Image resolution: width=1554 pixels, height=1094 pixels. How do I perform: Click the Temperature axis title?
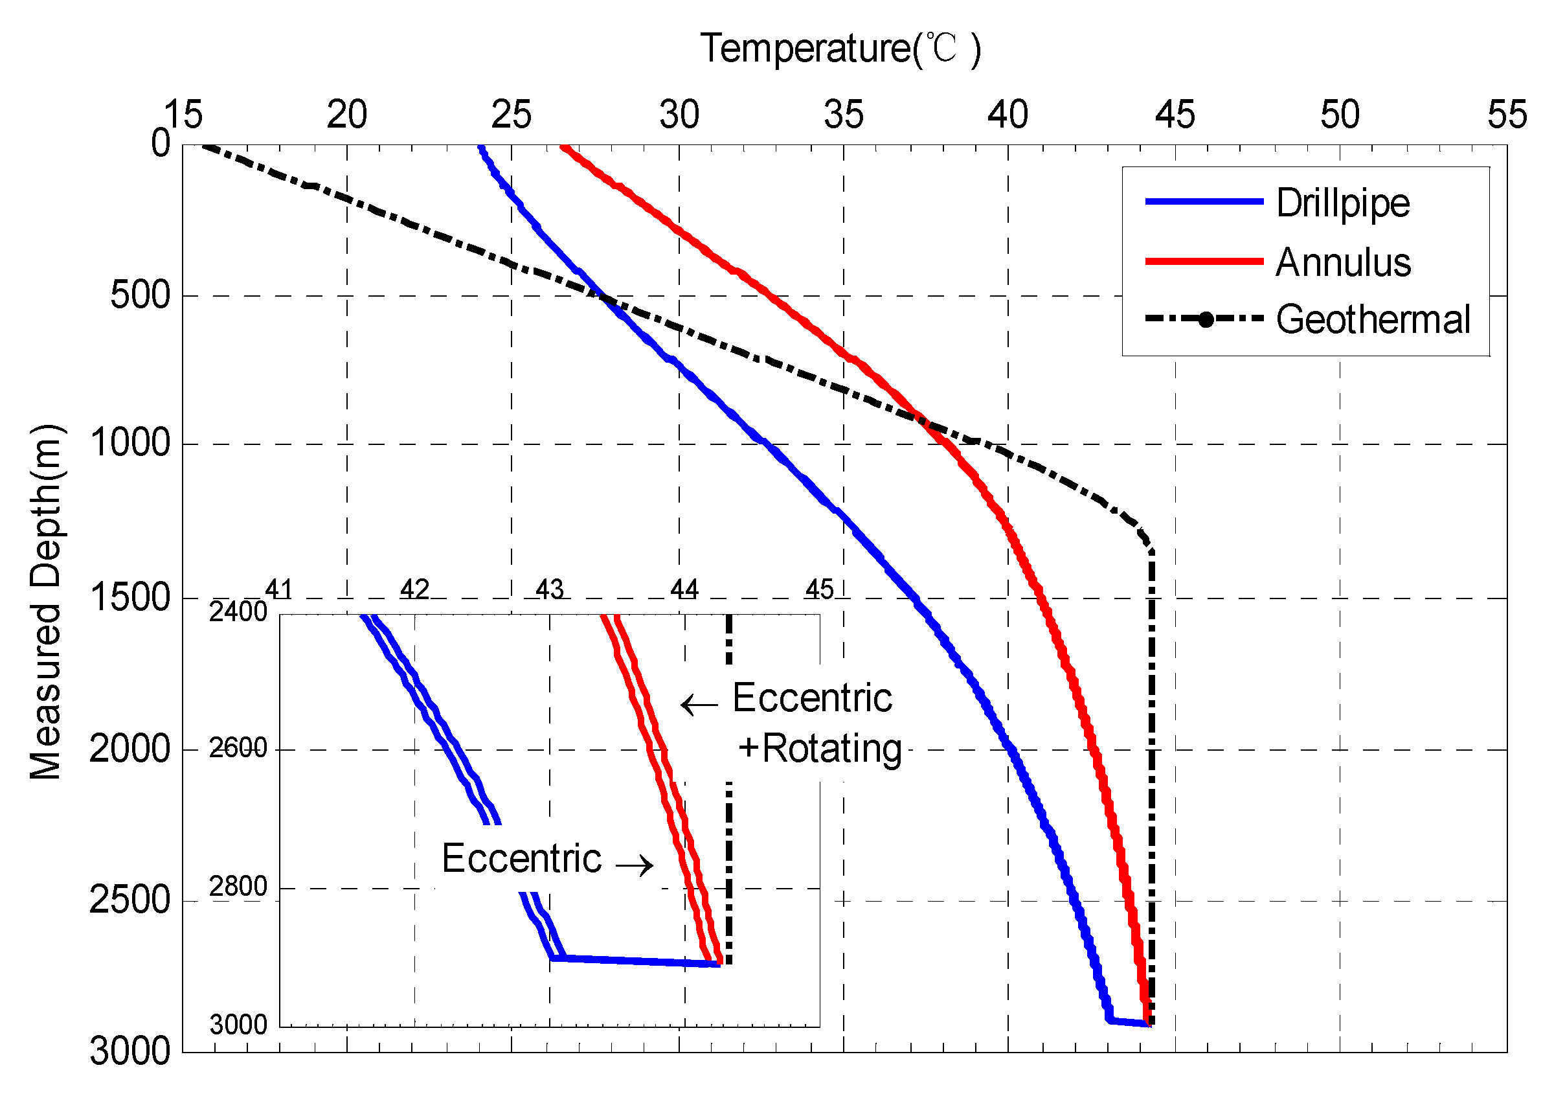click(x=840, y=49)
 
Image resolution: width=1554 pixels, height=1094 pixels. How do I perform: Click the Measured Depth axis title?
click(x=46, y=602)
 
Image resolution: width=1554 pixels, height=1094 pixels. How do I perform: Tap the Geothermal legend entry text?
click(x=1373, y=319)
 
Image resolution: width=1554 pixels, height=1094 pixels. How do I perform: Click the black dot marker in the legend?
click(x=1206, y=320)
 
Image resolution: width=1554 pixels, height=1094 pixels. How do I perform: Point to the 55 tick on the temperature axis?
click(x=1507, y=115)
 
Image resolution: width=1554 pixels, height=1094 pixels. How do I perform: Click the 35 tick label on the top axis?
click(x=843, y=115)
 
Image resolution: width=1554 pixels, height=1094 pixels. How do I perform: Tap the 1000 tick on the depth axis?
click(x=130, y=444)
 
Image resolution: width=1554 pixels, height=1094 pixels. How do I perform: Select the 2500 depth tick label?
click(x=130, y=900)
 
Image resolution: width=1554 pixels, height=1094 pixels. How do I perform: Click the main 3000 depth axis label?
click(x=130, y=1051)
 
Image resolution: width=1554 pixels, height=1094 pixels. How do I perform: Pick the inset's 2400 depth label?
click(x=238, y=612)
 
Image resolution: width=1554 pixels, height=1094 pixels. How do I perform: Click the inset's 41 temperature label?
click(x=278, y=589)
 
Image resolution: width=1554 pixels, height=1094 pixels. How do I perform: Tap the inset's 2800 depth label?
click(x=238, y=887)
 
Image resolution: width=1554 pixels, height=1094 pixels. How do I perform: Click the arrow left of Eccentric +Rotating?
click(x=699, y=705)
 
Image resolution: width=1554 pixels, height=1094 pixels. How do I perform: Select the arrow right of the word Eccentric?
click(x=634, y=865)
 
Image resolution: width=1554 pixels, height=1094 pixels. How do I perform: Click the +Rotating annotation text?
click(x=820, y=749)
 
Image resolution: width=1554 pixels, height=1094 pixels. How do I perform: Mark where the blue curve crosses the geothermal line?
click(x=603, y=297)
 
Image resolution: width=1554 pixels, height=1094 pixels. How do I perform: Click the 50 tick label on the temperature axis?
click(x=1340, y=115)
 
